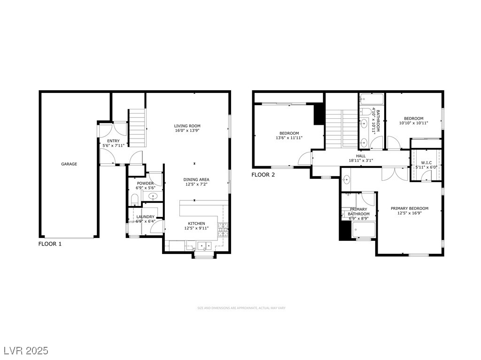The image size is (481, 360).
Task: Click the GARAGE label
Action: (69, 164)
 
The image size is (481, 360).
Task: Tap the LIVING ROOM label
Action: (187, 126)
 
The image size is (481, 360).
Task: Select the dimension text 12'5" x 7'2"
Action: (196, 184)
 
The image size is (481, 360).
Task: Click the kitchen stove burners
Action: (223, 230)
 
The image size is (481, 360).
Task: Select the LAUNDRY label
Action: (146, 217)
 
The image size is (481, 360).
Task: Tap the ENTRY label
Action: (113, 141)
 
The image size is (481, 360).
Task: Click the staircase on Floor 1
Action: (137, 128)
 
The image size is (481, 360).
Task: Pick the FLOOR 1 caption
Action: (50, 244)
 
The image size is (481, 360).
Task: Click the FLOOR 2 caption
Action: (263, 175)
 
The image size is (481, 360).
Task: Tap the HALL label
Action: (361, 156)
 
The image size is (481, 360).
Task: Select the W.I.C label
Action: (427, 163)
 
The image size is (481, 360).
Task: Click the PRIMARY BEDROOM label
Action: (410, 208)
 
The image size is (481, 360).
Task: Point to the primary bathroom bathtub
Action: (364, 230)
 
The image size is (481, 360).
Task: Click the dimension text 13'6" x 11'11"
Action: (289, 138)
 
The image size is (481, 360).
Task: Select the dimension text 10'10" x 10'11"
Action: (413, 123)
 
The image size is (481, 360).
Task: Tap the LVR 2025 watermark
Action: (26, 351)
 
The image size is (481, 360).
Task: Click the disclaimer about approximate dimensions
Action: (241, 308)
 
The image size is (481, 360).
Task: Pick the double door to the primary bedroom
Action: (395, 174)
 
